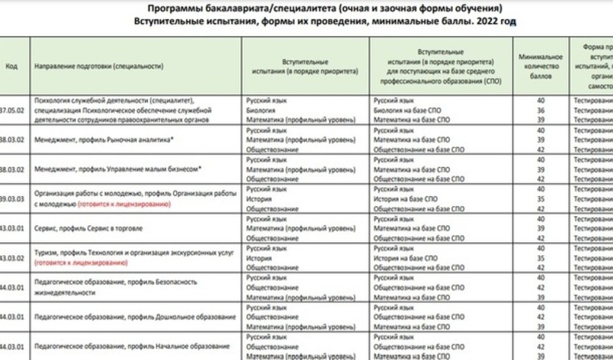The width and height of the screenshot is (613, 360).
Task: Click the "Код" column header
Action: [x=11, y=66]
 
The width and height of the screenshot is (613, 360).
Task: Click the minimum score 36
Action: [x=540, y=110]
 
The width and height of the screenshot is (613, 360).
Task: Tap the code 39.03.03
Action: [x=13, y=198]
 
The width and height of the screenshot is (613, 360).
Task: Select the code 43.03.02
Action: [x=13, y=257]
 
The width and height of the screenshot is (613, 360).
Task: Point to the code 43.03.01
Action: [x=13, y=228]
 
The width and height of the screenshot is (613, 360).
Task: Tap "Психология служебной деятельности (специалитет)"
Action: [x=116, y=100]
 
